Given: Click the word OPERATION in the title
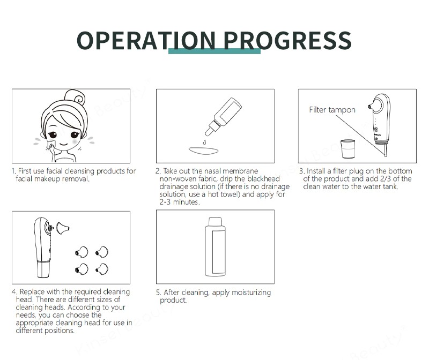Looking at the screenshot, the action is (x=146, y=41).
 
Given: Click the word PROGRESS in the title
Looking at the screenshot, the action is (x=287, y=41).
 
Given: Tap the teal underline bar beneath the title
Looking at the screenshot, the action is (x=214, y=51).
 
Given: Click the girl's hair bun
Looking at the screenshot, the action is (x=75, y=97).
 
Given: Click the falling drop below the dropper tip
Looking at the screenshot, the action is (x=204, y=142).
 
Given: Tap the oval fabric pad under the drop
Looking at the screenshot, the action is (x=204, y=151).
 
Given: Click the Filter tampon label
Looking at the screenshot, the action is (x=332, y=110).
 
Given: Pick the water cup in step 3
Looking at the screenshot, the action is (x=347, y=149).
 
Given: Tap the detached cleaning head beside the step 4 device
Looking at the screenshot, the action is (x=63, y=228).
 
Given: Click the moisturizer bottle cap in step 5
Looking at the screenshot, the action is (x=215, y=221).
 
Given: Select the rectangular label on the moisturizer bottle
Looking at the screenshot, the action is (x=218, y=252).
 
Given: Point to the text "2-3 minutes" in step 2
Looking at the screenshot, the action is (x=180, y=202).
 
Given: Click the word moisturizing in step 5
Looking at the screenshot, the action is (x=251, y=292).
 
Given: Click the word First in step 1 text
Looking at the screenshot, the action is (x=24, y=171).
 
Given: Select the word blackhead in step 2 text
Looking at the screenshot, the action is (x=263, y=179).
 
